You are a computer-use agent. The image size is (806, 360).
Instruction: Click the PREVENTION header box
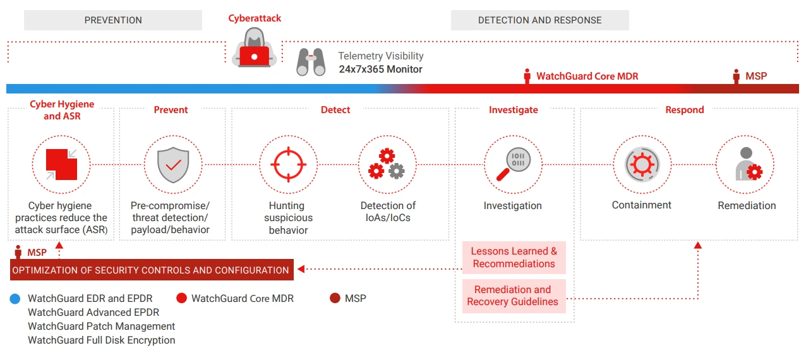pos(113,20)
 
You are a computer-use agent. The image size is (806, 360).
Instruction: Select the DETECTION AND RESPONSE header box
pos(539,20)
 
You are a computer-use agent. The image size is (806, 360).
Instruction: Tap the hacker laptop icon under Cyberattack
pos(254,51)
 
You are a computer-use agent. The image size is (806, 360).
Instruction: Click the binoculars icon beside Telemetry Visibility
pos(311,62)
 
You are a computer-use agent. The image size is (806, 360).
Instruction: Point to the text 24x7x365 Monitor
pos(380,69)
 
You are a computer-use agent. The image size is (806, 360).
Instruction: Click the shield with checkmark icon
pos(172,164)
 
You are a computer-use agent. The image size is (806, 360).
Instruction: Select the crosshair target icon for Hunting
pos(289,164)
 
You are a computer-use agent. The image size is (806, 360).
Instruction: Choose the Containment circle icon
pos(642,164)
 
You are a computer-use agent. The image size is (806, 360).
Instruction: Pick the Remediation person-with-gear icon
pos(745,164)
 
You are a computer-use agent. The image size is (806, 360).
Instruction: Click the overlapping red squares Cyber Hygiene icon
pos(61,164)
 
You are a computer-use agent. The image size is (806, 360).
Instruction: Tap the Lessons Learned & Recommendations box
pos(514,258)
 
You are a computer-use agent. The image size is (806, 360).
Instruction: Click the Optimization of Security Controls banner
pos(151,270)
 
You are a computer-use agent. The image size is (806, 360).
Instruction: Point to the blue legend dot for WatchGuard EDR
pos(15,299)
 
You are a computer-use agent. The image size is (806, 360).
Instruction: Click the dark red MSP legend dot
pos(335,298)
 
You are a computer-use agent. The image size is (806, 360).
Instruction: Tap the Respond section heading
pos(684,110)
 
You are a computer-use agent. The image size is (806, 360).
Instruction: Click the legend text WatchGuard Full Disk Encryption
pos(102,340)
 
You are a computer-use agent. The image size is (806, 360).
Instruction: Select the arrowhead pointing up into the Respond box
pos(698,245)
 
